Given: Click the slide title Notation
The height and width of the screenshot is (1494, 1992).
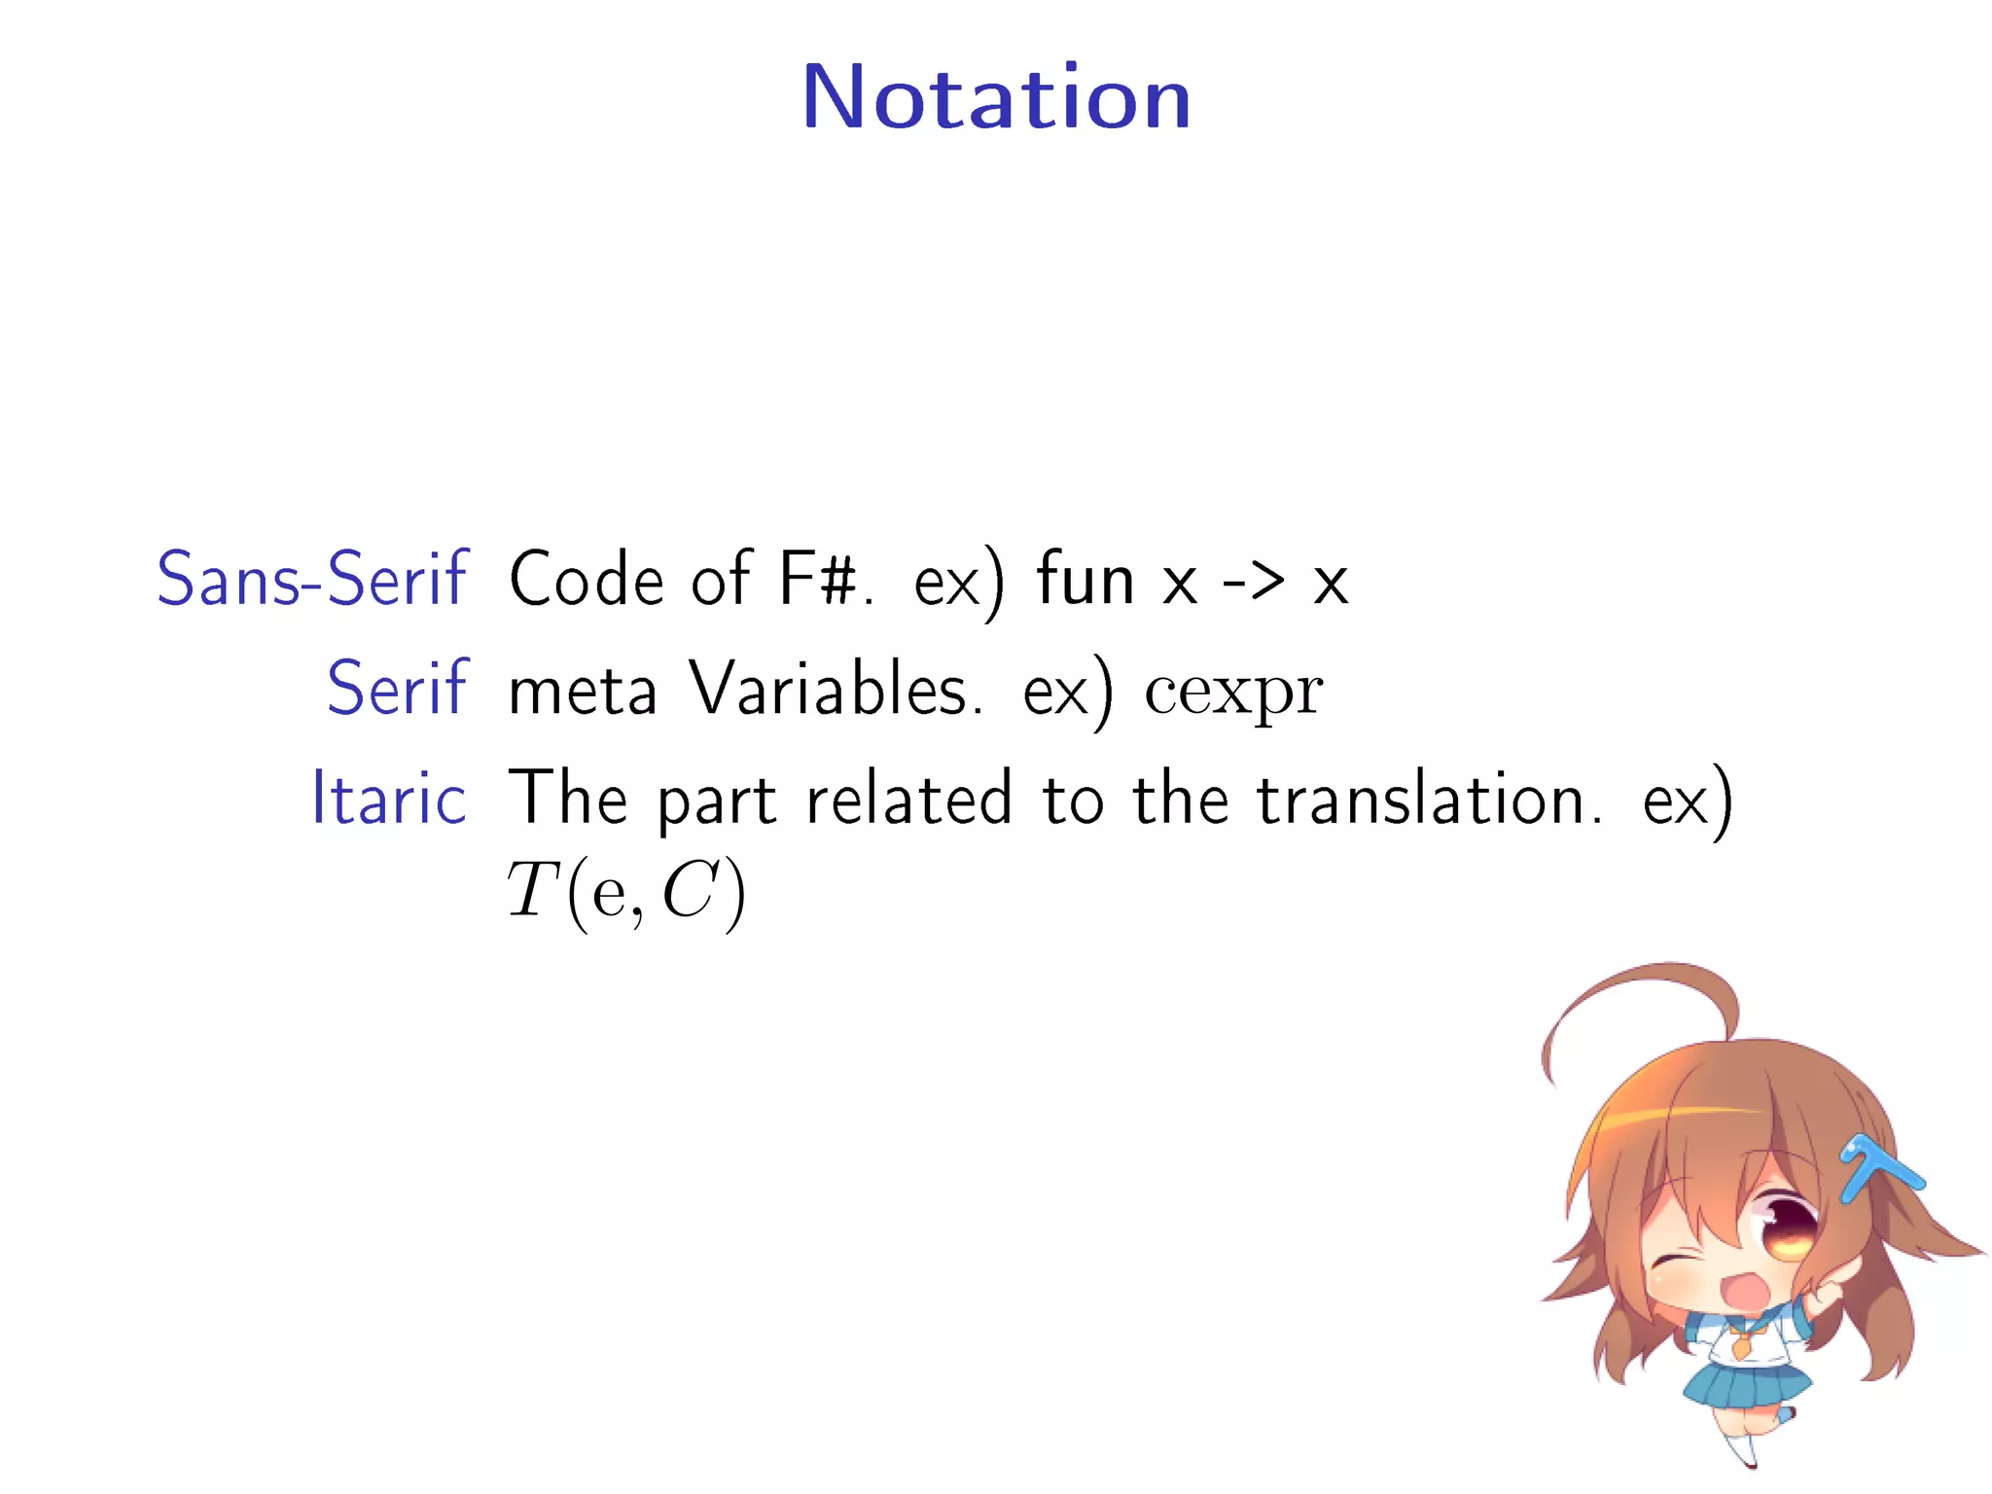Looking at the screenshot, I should (x=996, y=97).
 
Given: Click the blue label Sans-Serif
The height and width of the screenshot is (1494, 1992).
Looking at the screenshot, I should (x=312, y=580).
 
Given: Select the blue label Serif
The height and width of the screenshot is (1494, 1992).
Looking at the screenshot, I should (x=397, y=689).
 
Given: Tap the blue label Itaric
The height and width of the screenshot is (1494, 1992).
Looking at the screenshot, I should (x=389, y=799).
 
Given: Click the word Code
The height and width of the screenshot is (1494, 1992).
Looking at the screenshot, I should (x=587, y=580).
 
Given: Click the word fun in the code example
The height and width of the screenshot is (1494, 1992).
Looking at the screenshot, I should (x=1085, y=580).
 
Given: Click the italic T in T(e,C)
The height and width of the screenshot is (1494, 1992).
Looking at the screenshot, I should (x=531, y=891).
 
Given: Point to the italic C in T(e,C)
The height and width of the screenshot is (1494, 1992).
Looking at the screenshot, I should (x=689, y=891).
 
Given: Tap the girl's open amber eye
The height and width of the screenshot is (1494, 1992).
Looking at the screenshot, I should (x=1788, y=1229).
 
